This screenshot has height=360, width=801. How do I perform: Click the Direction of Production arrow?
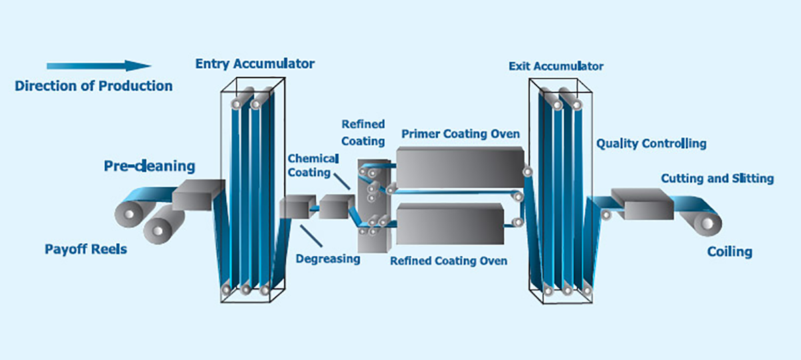point(99,65)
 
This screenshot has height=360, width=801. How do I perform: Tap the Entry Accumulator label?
point(254,64)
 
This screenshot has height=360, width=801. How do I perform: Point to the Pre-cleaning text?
point(150,166)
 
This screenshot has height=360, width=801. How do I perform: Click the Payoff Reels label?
point(85,250)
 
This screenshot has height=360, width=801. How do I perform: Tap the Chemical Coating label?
point(313,165)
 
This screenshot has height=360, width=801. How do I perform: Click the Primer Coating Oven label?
point(461,134)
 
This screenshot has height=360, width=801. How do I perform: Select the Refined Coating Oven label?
point(449,260)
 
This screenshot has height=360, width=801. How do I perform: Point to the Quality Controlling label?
point(651,144)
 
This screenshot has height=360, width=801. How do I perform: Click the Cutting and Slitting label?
point(717,178)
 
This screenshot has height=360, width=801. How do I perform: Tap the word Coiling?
point(730,252)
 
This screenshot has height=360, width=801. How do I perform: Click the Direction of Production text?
point(93,86)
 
